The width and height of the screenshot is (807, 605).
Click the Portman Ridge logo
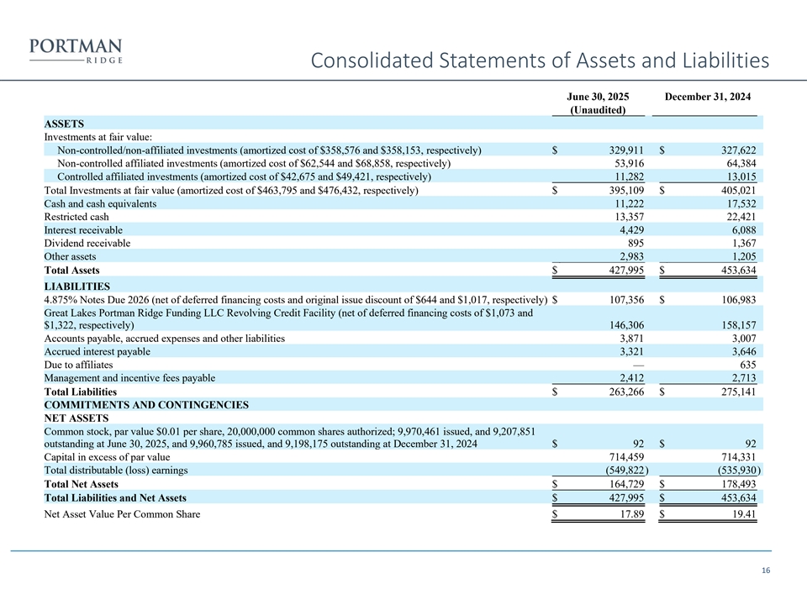(76, 50)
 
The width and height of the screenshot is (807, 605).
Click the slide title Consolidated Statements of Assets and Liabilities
(539, 61)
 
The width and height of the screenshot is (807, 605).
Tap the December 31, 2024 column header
(707, 97)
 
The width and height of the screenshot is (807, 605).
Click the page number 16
(766, 571)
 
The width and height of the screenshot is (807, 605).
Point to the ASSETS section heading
(64, 123)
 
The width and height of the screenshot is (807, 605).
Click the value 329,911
(625, 150)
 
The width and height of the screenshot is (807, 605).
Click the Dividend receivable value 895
(636, 244)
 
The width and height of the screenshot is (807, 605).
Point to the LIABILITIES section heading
(78, 287)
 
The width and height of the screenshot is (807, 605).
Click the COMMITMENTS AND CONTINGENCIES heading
(146, 404)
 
